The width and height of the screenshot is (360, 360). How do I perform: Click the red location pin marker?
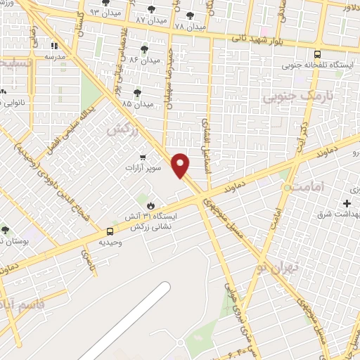coord(181,165)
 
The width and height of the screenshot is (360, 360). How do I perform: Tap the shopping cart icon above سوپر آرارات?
coord(143,157)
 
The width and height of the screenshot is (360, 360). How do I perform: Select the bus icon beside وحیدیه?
coord(110,231)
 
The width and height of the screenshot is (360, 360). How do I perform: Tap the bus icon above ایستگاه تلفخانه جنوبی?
coord(317,54)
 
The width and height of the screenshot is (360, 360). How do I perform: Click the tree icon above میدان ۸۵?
coord(136,92)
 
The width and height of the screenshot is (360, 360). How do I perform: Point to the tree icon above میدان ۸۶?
coord(144,49)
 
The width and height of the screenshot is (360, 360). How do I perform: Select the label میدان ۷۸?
coord(190,27)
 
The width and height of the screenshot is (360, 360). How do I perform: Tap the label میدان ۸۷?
coord(151,20)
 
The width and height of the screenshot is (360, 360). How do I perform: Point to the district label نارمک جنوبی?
coord(296,96)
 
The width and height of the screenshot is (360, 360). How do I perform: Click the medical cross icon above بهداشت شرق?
coord(347,203)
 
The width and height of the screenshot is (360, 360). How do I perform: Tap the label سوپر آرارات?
coord(143,168)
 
